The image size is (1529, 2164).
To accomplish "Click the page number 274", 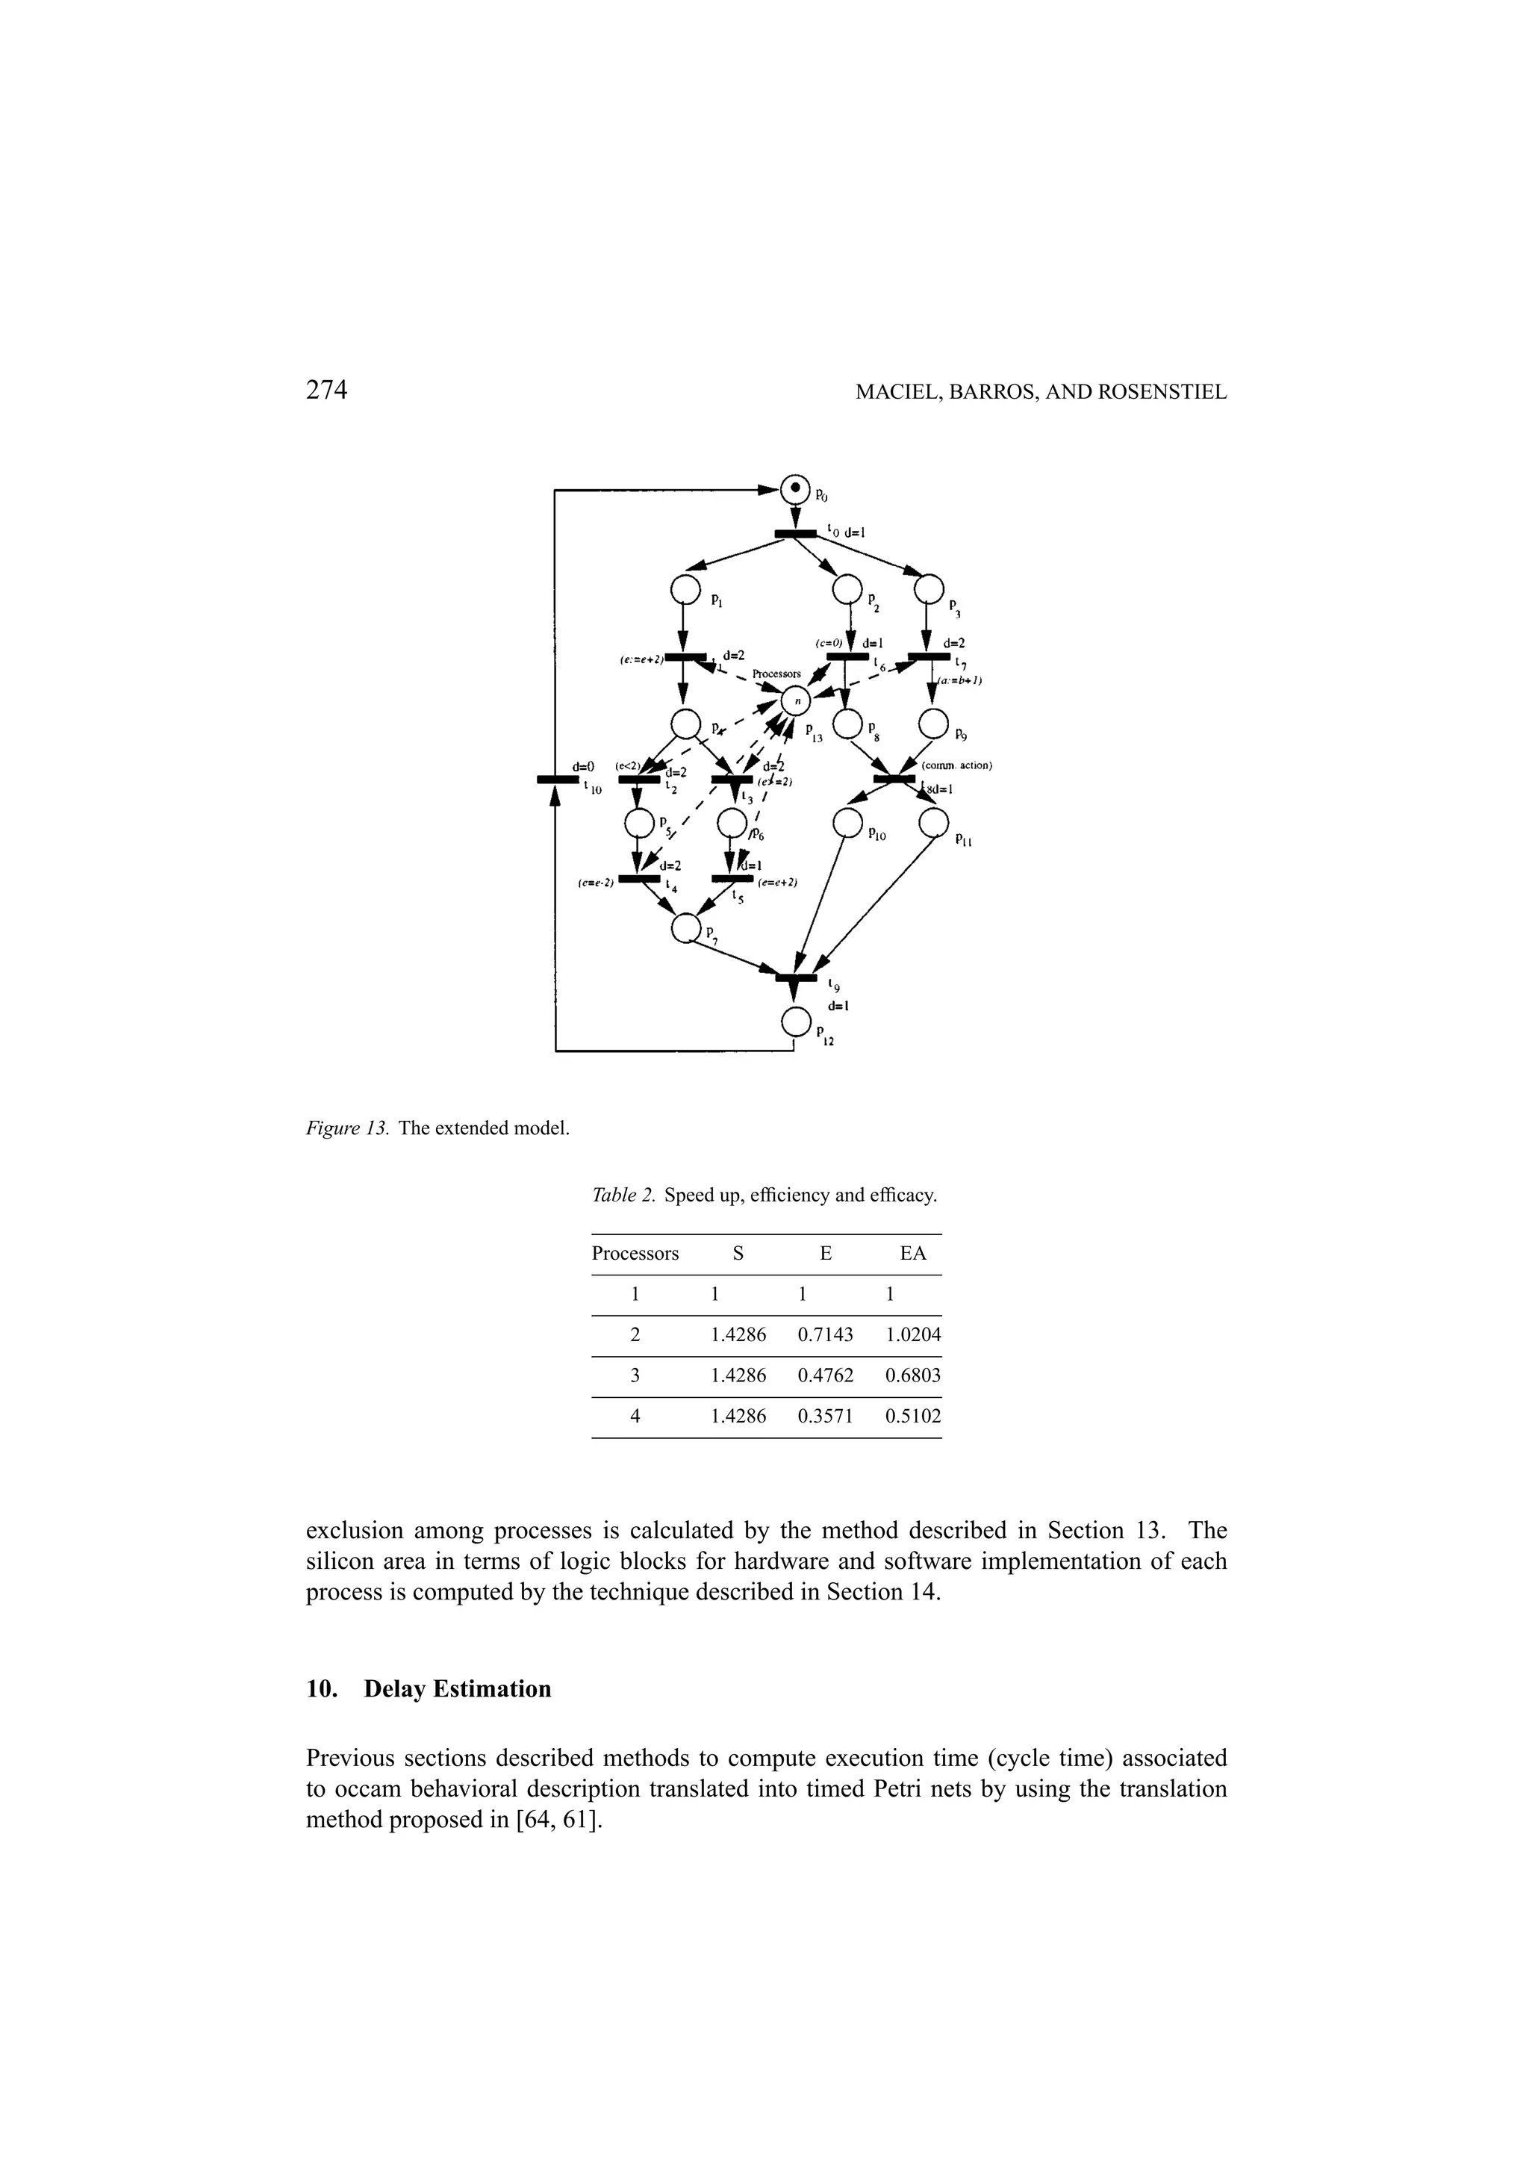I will [x=327, y=391].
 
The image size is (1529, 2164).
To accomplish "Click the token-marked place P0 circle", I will [x=795, y=488].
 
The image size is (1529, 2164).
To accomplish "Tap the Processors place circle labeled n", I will [x=795, y=700].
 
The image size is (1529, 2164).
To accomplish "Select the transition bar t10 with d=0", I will [x=557, y=779].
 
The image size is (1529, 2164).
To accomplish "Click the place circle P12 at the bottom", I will [x=795, y=1021].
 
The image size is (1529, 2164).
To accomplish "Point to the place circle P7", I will [x=686, y=928].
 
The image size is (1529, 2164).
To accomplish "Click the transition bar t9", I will [x=796, y=977].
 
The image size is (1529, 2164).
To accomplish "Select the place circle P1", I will [x=685, y=589].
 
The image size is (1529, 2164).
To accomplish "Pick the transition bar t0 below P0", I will [x=796, y=535].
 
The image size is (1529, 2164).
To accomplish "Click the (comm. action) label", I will [x=957, y=765].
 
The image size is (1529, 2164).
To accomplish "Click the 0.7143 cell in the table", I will [x=825, y=1334].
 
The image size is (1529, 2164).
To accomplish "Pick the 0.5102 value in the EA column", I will [x=912, y=1416].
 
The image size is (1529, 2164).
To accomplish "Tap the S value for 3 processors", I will [x=738, y=1375].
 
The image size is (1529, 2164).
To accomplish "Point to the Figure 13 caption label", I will [x=348, y=1128].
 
